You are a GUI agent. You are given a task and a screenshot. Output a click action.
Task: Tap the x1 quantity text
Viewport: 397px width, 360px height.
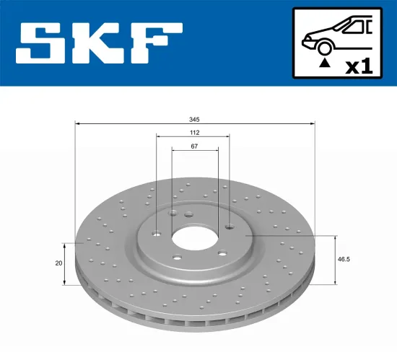[x=358, y=66]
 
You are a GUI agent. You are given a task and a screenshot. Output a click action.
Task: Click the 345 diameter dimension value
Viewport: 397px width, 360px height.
[x=194, y=119]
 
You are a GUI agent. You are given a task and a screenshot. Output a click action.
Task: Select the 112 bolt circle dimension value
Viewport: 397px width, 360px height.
[x=194, y=133]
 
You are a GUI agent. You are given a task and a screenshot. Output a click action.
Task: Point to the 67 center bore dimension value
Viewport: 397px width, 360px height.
[x=194, y=146]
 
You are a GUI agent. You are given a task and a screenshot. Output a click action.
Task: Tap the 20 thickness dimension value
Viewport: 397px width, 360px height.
[x=58, y=263]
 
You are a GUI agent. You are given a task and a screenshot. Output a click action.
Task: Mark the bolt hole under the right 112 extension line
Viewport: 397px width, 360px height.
[x=230, y=227]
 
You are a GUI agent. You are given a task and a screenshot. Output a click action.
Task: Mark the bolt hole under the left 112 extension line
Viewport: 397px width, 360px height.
[x=157, y=232]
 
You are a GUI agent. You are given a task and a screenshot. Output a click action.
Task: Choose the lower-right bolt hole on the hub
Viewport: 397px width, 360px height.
[x=222, y=253]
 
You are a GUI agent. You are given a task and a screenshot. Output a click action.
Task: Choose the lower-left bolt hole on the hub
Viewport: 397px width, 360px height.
[x=178, y=258]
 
